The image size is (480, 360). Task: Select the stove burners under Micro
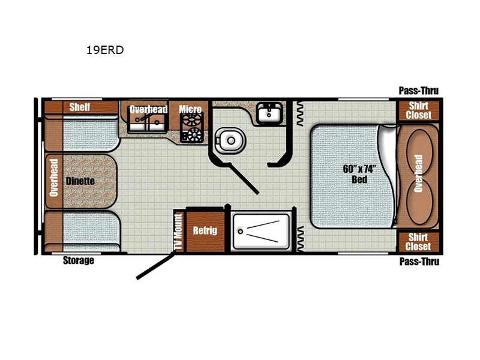tap(194, 133)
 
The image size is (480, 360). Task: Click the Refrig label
tap(205, 230)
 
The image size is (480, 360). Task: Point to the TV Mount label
tap(178, 232)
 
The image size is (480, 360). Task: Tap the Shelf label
tap(80, 107)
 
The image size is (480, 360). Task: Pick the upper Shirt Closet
tap(419, 110)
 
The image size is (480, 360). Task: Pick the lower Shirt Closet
tap(418, 242)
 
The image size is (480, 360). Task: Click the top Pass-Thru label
tap(419, 91)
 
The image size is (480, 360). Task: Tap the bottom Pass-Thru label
tap(419, 262)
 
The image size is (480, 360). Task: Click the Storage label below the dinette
tap(79, 261)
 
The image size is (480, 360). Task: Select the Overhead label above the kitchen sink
tap(148, 109)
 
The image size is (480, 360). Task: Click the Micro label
tap(190, 109)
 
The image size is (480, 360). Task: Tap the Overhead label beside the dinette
tap(53, 178)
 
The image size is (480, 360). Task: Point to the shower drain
tap(241, 231)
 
